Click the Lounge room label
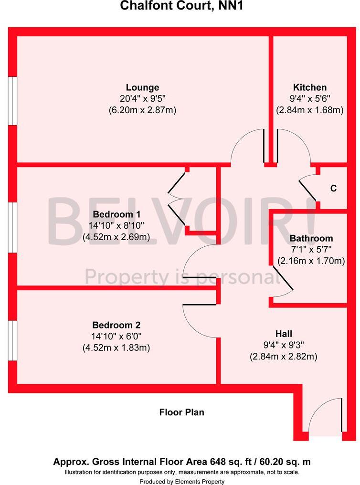click(142, 87)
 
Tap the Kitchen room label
click(310, 87)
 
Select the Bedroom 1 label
click(116, 213)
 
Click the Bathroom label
click(311, 238)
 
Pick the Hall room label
click(284, 334)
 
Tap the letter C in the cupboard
click(334, 189)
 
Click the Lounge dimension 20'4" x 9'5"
click(142, 99)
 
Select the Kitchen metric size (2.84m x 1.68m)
click(310, 110)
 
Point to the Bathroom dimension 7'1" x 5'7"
click(311, 249)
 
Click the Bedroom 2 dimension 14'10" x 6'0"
click(116, 336)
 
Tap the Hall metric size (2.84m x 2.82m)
click(284, 357)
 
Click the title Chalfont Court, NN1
click(180, 6)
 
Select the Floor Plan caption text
click(181, 412)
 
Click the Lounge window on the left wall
click(14, 101)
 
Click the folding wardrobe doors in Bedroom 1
click(177, 200)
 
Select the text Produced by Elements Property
click(182, 481)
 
